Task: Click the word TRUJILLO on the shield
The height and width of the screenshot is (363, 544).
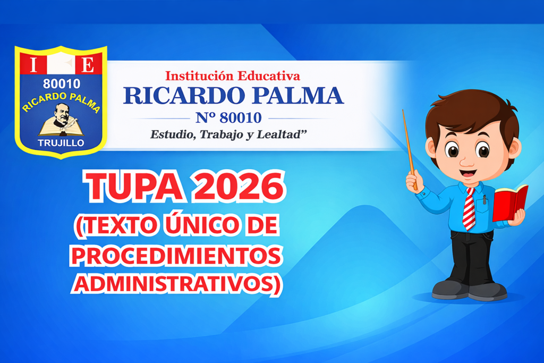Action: coord(61,143)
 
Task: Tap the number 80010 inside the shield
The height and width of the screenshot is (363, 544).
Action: coord(62,83)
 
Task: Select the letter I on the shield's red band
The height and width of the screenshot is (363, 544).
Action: coord(33,64)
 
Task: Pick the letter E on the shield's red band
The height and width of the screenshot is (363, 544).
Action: coord(88,64)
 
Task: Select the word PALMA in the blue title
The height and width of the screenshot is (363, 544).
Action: coord(297,96)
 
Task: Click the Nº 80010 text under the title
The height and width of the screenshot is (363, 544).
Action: coord(228,118)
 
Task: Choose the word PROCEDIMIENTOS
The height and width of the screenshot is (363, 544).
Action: coord(176,256)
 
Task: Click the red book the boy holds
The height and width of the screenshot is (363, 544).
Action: coord(510,202)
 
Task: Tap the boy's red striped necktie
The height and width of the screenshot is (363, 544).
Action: coord(469,209)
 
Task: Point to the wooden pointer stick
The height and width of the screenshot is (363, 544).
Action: coord(410,149)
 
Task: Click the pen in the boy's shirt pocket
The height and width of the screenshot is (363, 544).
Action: coord(484,199)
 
